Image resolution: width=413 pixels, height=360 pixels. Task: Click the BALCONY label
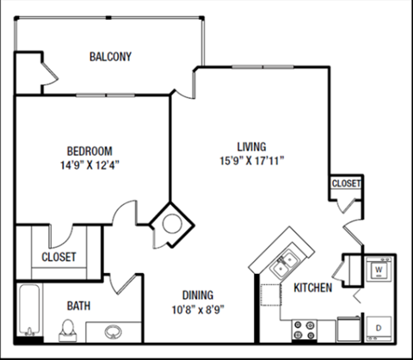click(x=110, y=58)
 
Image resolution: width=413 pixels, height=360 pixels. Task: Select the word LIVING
click(x=251, y=146)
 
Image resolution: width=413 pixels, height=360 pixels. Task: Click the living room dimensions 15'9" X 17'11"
click(x=251, y=160)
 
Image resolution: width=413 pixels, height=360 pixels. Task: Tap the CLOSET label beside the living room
click(x=346, y=183)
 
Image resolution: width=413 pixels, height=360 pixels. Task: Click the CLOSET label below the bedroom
click(x=59, y=257)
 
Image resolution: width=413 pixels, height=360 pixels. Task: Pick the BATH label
click(x=79, y=305)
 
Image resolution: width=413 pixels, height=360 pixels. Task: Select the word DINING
click(x=197, y=294)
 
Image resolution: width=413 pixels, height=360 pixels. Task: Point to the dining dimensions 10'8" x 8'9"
click(x=197, y=309)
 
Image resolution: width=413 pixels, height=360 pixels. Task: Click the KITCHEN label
click(x=312, y=288)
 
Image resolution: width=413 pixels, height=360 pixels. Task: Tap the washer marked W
click(x=378, y=270)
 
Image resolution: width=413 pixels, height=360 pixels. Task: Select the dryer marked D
click(x=378, y=327)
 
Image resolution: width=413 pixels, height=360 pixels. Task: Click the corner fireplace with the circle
click(x=171, y=223)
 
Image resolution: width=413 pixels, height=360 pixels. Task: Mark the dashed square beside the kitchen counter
click(x=274, y=295)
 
